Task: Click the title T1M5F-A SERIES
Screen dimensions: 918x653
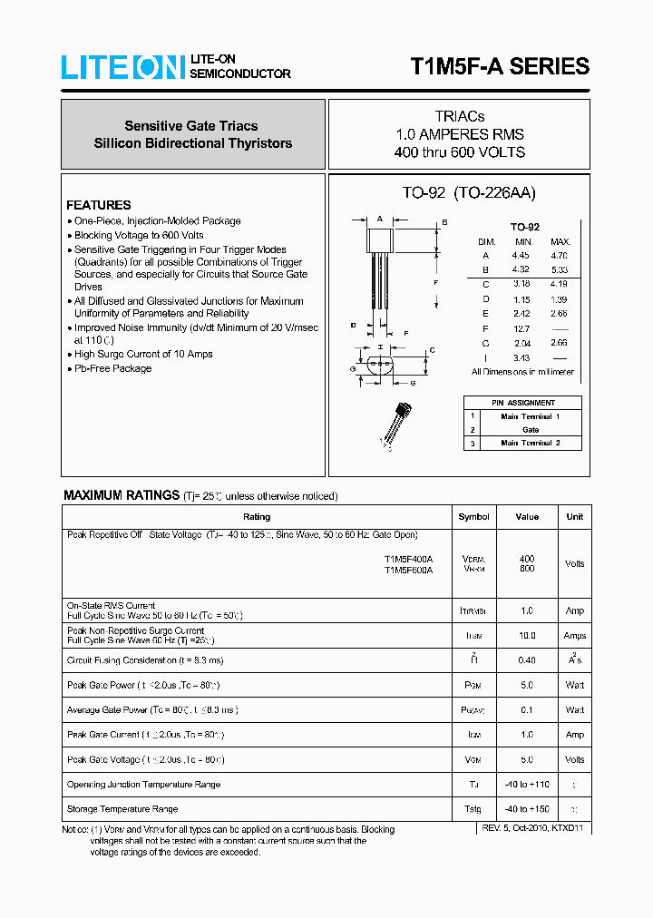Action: coord(500,66)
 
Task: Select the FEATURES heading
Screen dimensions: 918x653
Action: coord(98,205)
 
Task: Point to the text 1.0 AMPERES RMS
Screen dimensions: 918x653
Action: coord(459,134)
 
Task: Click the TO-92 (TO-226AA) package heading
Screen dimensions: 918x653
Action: coord(469,192)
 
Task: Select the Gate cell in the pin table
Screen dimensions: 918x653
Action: coord(531,429)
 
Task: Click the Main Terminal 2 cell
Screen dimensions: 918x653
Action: coord(531,443)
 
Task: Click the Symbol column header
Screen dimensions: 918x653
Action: coord(473,516)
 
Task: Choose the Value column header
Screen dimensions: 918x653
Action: coord(527,516)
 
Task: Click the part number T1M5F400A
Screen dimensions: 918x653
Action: coord(408,559)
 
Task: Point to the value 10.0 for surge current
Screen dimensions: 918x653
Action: coord(527,636)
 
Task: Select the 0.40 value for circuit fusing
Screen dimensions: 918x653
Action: coord(527,660)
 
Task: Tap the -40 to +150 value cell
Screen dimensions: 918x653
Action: coord(527,808)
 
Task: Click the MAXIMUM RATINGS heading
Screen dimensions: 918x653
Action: coord(121,495)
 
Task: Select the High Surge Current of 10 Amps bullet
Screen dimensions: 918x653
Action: coord(143,354)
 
